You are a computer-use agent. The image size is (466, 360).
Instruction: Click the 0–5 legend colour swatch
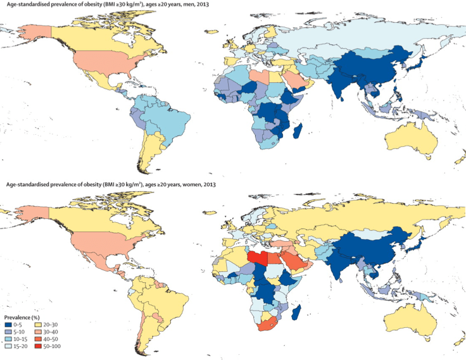click(x=9, y=323)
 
